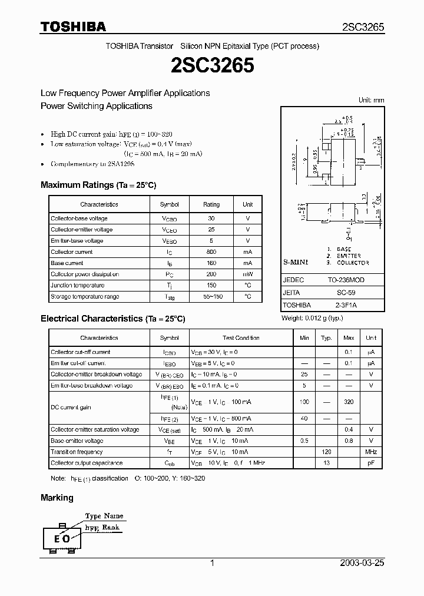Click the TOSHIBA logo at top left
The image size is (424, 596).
tap(73, 27)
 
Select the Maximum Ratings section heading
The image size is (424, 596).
tap(98, 185)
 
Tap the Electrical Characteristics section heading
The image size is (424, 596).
tap(112, 319)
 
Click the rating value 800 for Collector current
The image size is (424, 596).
tap(211, 252)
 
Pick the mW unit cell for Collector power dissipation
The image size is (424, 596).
tap(247, 274)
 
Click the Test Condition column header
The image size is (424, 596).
tap(241, 338)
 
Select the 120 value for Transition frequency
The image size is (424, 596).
tap(326, 452)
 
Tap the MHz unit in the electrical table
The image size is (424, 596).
tap(370, 452)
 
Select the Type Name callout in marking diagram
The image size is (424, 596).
tap(105, 516)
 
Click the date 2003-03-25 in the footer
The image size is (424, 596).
tap(362, 563)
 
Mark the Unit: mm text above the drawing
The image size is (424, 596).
tap(371, 101)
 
